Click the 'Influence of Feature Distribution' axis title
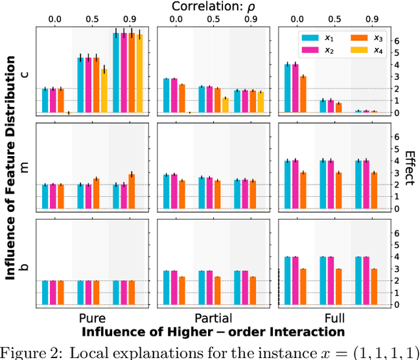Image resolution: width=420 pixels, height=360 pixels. [x=10, y=168]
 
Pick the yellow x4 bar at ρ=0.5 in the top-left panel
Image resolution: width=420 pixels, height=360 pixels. [x=104, y=91]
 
